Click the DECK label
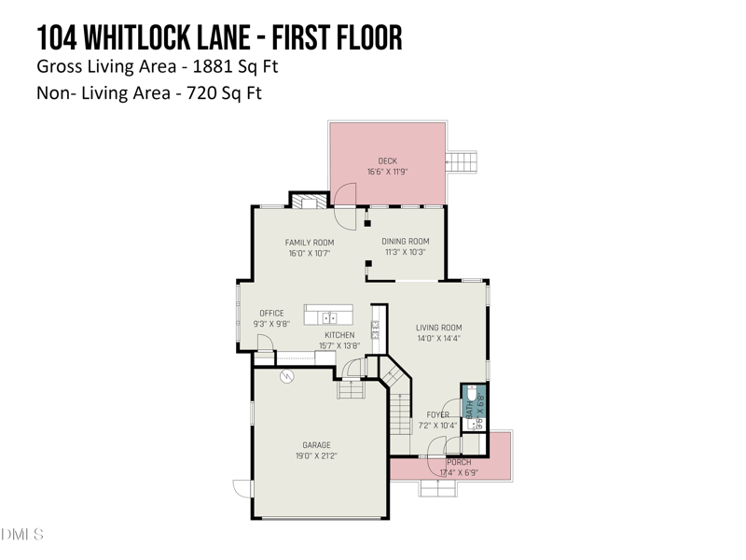coord(387,161)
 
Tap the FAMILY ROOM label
coord(309,243)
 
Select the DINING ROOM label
coord(405,242)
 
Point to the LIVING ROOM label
coord(438,328)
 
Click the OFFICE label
coord(271,314)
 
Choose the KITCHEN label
coord(339,335)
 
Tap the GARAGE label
coord(316,445)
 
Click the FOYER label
coord(438,415)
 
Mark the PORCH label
coord(459,462)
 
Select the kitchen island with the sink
coord(328,315)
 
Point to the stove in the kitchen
coord(376,329)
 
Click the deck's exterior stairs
coord(463,162)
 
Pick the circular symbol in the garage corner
coord(287,376)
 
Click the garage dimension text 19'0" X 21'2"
coord(316,456)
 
